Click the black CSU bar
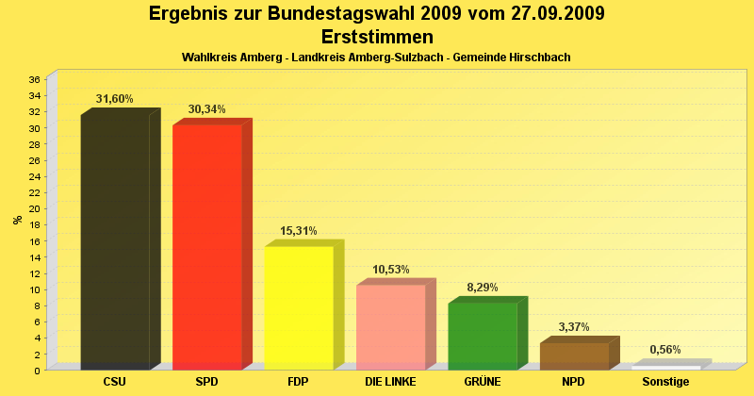[115, 241]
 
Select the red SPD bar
[206, 246]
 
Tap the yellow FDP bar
[299, 307]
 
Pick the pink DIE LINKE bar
[390, 326]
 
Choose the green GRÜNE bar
[482, 336]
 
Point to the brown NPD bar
[574, 355]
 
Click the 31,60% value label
[115, 99]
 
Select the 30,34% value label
[206, 109]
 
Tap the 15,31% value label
[299, 231]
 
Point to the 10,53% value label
[390, 270]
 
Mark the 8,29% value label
[482, 288]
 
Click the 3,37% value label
[574, 327]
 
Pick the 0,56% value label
[665, 350]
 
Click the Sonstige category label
[665, 382]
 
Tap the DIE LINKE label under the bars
[390, 382]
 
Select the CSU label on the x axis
[115, 382]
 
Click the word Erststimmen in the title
[377, 37]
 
